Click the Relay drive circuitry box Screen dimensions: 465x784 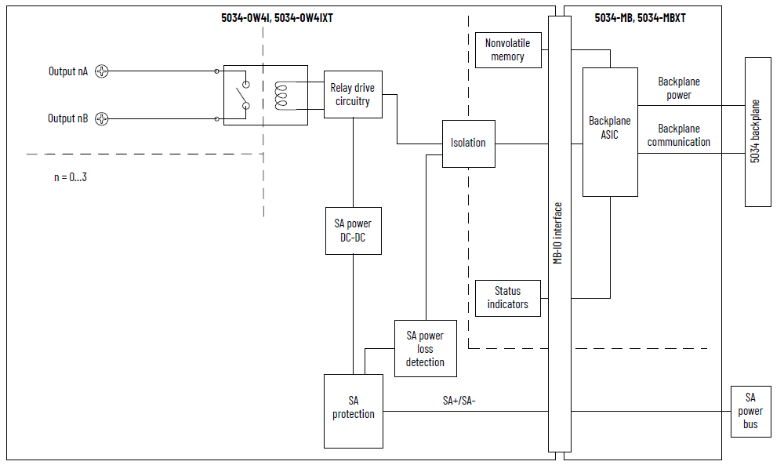353,95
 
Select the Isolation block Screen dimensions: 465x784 468,143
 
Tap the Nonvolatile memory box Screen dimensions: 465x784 508,50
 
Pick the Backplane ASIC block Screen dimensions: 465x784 610,132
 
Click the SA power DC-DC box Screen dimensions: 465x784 353,231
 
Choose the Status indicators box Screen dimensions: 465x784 508,298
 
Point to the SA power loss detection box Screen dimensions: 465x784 425,349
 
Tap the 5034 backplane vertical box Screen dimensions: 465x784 757,131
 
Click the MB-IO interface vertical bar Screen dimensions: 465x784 559,233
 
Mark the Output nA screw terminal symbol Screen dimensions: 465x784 101,71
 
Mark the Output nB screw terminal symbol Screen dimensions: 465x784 101,119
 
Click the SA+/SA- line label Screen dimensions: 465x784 459,401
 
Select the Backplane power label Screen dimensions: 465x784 679,88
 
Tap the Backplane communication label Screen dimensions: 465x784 679,135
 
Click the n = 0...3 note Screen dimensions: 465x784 71,177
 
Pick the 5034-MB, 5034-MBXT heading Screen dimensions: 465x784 640,17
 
